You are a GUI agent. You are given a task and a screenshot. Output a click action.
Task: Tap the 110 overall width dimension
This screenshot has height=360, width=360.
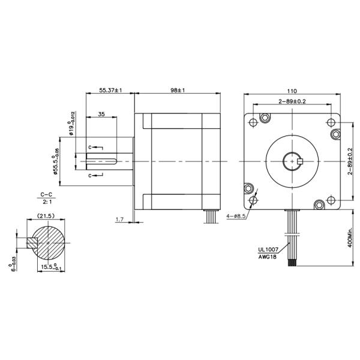click(x=292, y=87)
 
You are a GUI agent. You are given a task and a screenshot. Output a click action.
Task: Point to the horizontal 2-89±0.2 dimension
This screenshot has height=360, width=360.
click(x=292, y=102)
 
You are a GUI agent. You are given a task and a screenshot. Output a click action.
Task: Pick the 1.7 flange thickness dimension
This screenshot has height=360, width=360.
click(x=119, y=220)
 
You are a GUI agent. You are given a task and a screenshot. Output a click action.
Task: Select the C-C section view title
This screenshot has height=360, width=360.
click(x=46, y=195)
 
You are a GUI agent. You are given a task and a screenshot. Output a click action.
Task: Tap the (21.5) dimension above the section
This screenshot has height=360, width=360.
click(x=46, y=215)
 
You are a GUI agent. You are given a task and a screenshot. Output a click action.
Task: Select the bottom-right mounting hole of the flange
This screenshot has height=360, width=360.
click(x=331, y=200)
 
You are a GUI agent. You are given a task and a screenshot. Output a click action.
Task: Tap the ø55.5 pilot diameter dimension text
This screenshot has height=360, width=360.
click(x=56, y=161)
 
